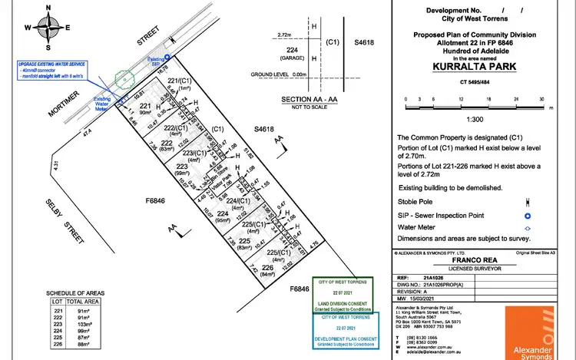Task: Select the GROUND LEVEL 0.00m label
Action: click(273, 74)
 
